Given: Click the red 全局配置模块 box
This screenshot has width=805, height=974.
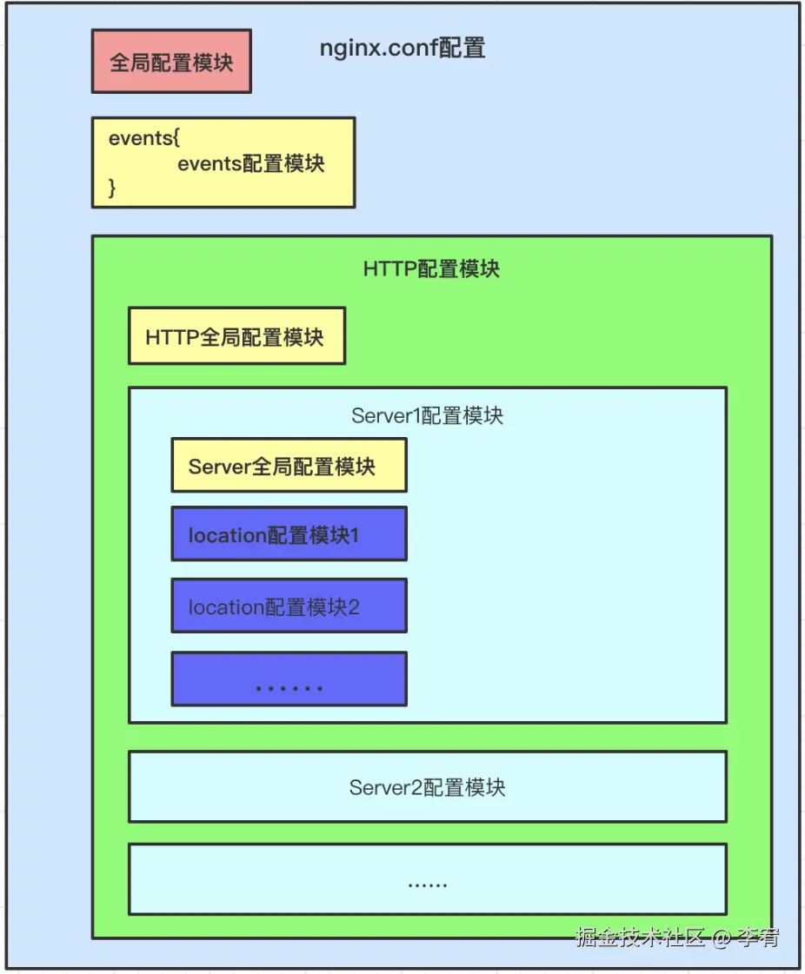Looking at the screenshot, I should (x=171, y=62).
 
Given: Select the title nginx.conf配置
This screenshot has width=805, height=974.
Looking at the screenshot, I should (x=402, y=48).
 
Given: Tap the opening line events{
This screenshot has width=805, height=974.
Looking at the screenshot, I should (x=144, y=138).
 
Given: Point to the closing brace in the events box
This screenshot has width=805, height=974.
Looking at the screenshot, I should (x=112, y=188).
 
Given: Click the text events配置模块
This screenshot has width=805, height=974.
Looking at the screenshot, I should (x=250, y=163).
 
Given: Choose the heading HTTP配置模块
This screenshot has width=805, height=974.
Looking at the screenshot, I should (x=431, y=268).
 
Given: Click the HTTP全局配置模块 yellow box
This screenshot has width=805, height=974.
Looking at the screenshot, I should (x=236, y=336).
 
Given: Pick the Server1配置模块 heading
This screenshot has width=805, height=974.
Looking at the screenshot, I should (x=427, y=415).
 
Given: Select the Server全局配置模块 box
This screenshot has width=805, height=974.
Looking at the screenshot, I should (x=289, y=467).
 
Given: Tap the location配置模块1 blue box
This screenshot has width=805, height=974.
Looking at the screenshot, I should (x=289, y=534).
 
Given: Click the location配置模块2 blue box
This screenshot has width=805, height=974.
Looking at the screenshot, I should (x=289, y=606).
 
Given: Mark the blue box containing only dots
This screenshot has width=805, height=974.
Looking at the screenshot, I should (x=289, y=679).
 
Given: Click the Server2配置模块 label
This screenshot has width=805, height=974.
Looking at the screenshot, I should (x=427, y=787).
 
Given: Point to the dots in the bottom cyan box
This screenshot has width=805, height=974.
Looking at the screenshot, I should (x=427, y=885).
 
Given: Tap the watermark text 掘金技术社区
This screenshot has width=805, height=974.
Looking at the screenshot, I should (x=640, y=938).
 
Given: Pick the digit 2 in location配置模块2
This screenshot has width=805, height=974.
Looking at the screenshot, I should (x=354, y=607).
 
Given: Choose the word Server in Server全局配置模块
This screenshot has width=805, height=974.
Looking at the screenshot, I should (x=219, y=467).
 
